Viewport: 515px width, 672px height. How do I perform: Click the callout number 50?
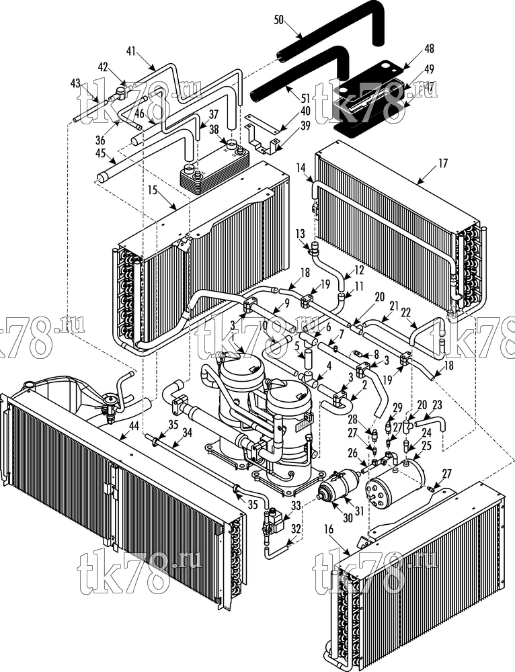[x=279, y=20]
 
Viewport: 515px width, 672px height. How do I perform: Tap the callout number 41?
[x=131, y=52]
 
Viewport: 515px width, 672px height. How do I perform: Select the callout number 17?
[x=443, y=163]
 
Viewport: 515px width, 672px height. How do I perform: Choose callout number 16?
[x=329, y=529]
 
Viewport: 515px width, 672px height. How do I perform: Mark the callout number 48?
[x=429, y=49]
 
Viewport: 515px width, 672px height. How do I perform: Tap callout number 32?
[x=296, y=528]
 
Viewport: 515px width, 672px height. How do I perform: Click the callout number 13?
[x=300, y=234]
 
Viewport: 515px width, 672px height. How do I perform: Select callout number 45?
[x=101, y=153]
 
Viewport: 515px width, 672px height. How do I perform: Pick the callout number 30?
[x=348, y=517]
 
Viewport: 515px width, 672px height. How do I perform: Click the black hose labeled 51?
[x=300, y=75]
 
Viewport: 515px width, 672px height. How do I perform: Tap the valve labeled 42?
[x=121, y=91]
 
